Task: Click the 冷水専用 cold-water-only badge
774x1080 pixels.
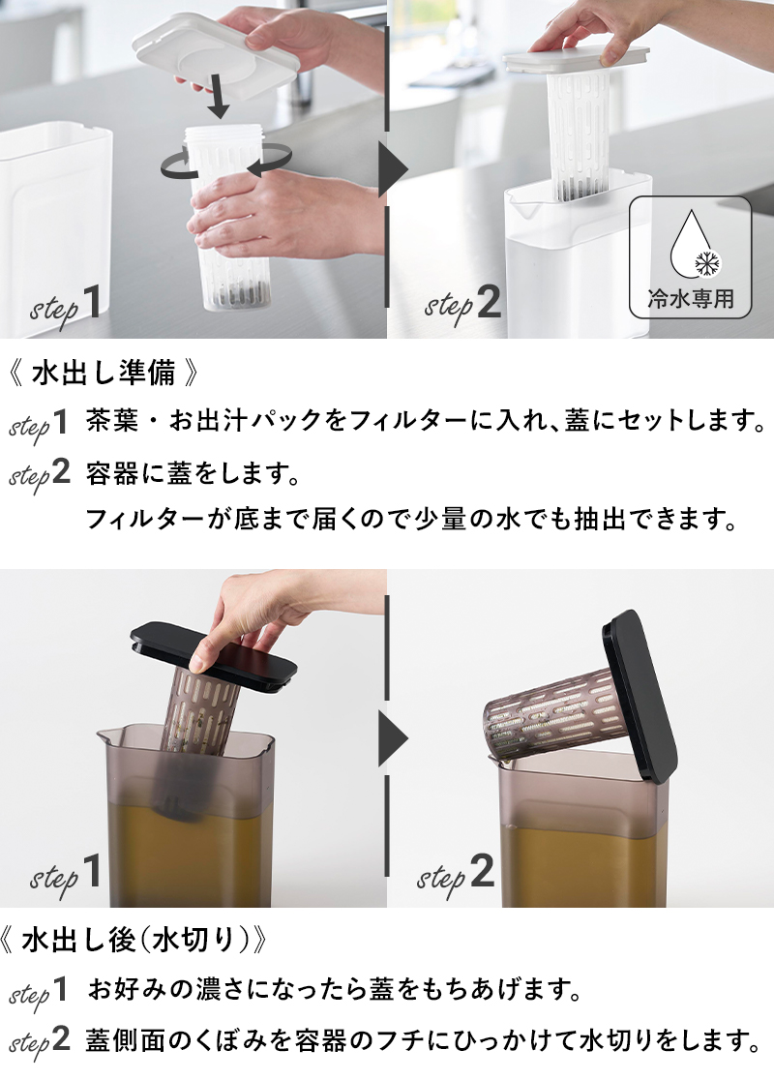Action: tap(690, 257)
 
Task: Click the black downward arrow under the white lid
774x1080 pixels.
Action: tap(219, 98)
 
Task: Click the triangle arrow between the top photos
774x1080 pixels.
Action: tap(393, 168)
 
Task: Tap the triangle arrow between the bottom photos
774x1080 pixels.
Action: tap(393, 738)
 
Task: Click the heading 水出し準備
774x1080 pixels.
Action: tap(104, 373)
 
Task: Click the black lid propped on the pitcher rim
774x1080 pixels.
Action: tap(639, 696)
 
